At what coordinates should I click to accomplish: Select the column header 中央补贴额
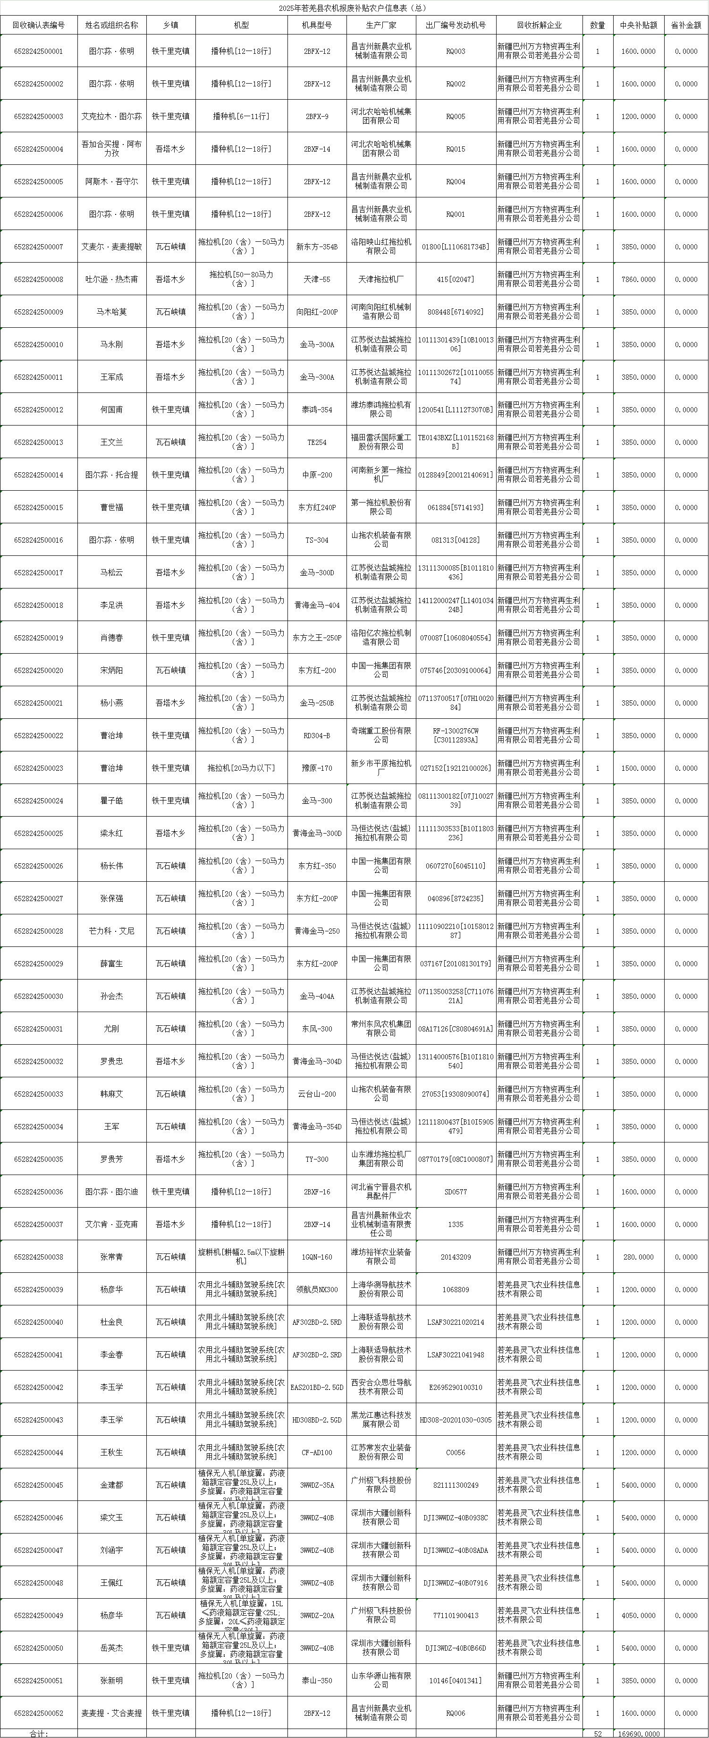(638, 25)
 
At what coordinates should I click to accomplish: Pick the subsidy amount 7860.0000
(638, 279)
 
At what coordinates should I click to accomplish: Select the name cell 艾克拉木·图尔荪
(111, 117)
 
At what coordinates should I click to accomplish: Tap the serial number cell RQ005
(456, 117)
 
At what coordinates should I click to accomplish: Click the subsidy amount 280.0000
(638, 1257)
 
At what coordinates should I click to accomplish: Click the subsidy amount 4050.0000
(638, 1615)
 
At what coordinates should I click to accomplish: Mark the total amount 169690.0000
(638, 1733)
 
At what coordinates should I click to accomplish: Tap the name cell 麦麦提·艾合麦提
(111, 1713)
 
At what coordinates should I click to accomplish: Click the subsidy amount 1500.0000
(638, 768)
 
